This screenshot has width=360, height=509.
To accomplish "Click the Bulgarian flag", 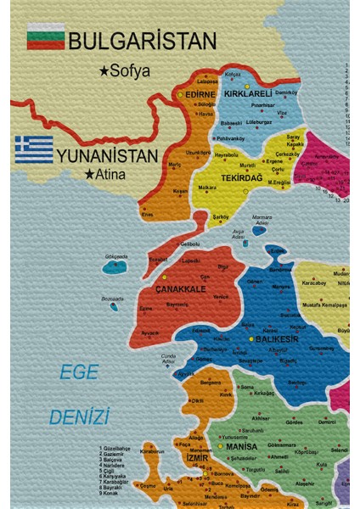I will pos(46,36).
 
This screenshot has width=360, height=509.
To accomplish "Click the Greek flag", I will pos(33,148).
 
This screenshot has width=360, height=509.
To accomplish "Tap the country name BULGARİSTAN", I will pos(142,40).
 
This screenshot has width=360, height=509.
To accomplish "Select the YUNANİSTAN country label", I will pos(108,156).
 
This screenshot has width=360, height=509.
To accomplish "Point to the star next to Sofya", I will pos(104,71).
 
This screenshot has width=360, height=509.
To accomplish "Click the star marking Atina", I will pos(89,175).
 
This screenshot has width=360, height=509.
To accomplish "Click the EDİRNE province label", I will pos(200,95).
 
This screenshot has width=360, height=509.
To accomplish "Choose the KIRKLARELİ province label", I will pos(247,93).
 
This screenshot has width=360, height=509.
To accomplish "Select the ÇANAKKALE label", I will pos(180,289).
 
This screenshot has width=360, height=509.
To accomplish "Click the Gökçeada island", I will pos(115,266).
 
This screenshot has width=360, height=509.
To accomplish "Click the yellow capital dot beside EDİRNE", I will pos(180,95).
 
